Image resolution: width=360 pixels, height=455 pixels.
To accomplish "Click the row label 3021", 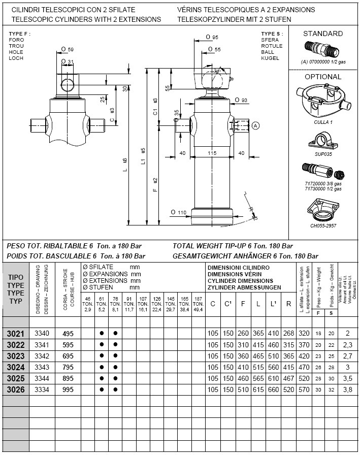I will (x=16, y=334).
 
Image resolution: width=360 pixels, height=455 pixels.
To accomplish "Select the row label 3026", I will (x=16, y=389).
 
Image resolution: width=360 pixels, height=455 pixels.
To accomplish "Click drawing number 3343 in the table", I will (x=42, y=367).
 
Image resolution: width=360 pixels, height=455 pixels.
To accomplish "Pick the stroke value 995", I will (x=68, y=389).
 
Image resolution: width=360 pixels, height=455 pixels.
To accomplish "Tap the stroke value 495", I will (x=68, y=334).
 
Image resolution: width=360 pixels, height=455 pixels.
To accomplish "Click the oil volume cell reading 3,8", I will (x=347, y=389).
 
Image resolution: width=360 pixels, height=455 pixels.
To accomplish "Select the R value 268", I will (x=289, y=334).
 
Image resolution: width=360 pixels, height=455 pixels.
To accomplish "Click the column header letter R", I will (x=288, y=304).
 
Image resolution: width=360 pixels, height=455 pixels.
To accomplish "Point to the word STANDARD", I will (x=323, y=34).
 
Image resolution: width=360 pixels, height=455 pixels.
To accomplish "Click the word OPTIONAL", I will (x=323, y=77).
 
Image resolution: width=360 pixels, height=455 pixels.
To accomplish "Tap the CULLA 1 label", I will (x=323, y=122).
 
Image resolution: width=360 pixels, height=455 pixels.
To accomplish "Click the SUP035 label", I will (x=322, y=154).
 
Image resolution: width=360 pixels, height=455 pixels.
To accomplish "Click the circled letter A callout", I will (x=255, y=125).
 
